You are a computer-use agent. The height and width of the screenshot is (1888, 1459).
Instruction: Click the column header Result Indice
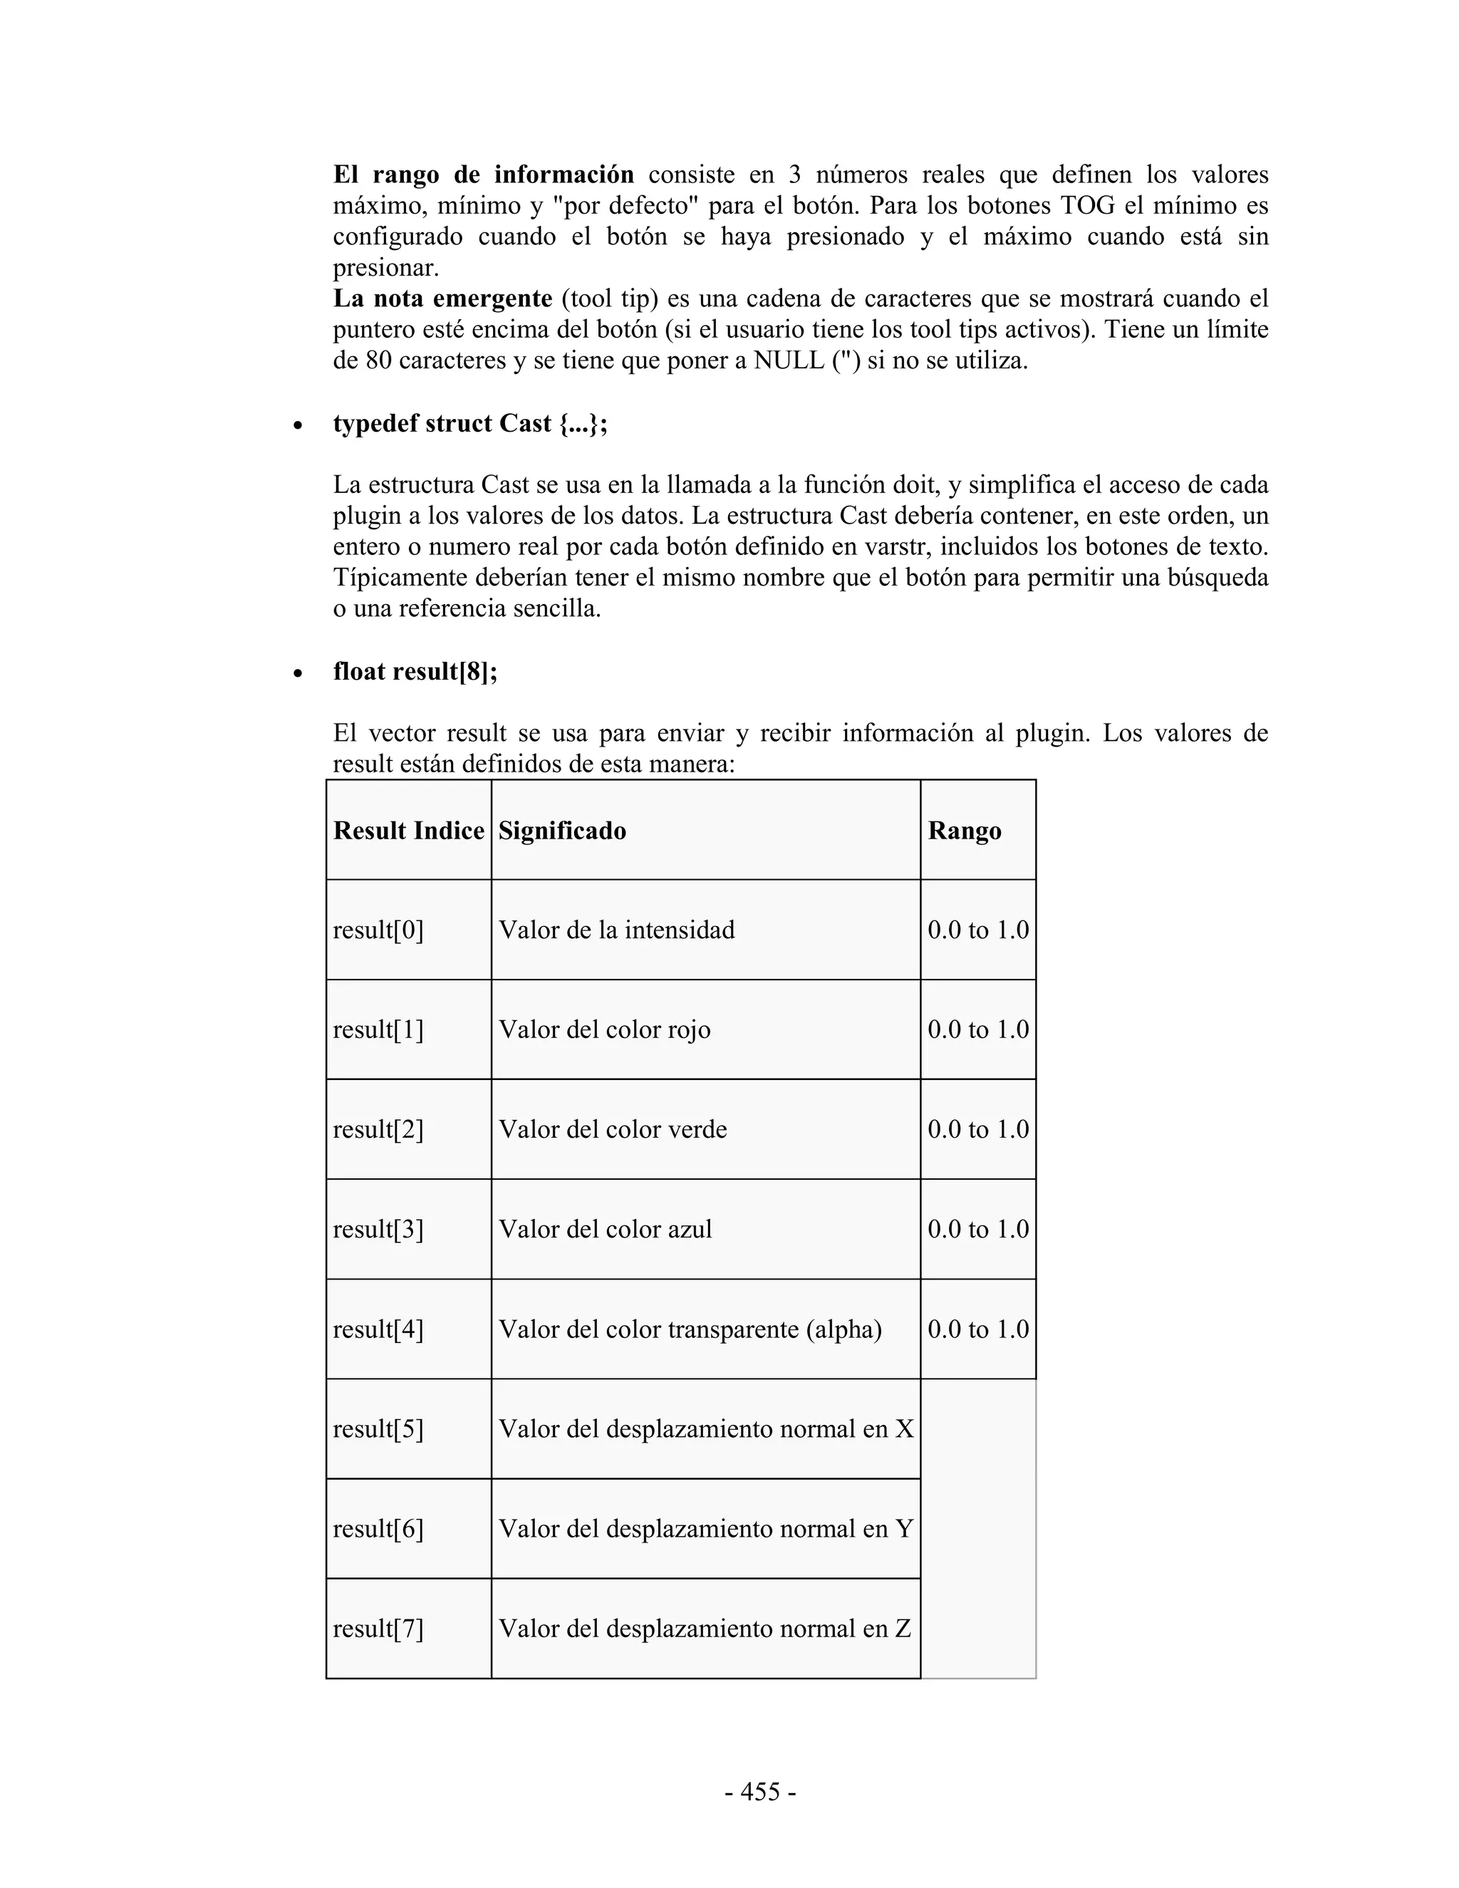pos(408,831)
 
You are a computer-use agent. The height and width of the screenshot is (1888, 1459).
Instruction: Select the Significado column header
pos(562,831)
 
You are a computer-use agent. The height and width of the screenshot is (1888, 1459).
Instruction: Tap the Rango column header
pos(964,831)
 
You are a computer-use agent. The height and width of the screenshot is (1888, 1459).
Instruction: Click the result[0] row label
pos(378,930)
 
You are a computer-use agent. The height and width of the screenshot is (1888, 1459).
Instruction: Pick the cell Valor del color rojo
pos(604,1029)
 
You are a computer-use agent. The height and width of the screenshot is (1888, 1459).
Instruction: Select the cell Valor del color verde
pos(612,1129)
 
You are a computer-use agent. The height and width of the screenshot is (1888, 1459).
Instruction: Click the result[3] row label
pos(378,1229)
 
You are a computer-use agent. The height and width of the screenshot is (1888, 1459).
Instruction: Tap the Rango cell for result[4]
pos(977,1329)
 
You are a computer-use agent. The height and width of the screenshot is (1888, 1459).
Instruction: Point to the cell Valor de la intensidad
pos(616,930)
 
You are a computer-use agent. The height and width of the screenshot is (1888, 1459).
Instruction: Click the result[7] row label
pos(378,1629)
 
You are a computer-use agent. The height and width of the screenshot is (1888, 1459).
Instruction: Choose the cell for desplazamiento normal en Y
pos(705,1529)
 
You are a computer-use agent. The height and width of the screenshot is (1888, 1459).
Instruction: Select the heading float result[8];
pos(415,672)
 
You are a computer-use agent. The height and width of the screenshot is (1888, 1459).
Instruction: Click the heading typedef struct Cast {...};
pos(470,424)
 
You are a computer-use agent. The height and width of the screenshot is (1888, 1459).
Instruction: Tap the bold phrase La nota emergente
pos(442,299)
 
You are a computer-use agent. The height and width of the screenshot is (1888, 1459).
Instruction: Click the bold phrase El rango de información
pos(483,175)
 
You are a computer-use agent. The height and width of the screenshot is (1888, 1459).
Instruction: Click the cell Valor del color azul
pos(605,1229)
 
